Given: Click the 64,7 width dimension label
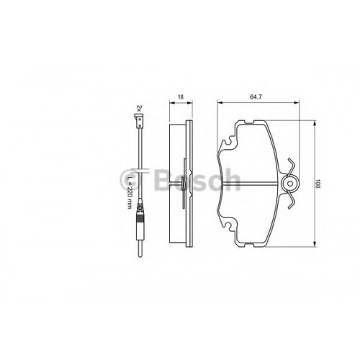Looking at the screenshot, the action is pos(256,97).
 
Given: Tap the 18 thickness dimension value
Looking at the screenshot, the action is pos(181,97).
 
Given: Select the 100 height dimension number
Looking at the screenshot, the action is pos(318,184).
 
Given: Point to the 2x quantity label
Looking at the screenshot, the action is pos(139,108).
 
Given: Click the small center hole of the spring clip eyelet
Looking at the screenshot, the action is pos(290,184).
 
